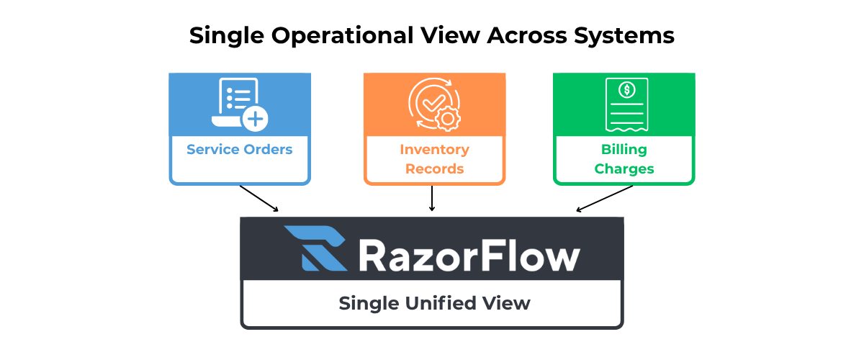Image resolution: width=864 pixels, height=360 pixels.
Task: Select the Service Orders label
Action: (240, 150)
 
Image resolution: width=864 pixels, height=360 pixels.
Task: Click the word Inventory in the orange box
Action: (434, 150)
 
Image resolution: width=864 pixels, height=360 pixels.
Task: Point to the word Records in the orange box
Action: (434, 169)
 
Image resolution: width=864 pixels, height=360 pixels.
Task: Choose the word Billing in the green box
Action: (624, 150)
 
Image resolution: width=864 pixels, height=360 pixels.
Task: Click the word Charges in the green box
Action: (624, 169)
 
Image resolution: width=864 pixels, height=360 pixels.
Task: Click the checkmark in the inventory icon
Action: (433, 103)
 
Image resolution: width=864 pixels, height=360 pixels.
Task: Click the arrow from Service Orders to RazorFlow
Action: (259, 198)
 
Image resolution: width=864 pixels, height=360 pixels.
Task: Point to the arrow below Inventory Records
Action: (432, 199)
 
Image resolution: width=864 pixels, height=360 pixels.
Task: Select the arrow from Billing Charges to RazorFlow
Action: (605, 199)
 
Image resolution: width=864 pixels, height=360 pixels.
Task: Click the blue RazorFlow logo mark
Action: (315, 248)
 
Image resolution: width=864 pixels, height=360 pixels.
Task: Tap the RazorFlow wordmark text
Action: (469, 256)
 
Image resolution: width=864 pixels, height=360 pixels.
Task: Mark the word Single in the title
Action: (220, 36)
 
